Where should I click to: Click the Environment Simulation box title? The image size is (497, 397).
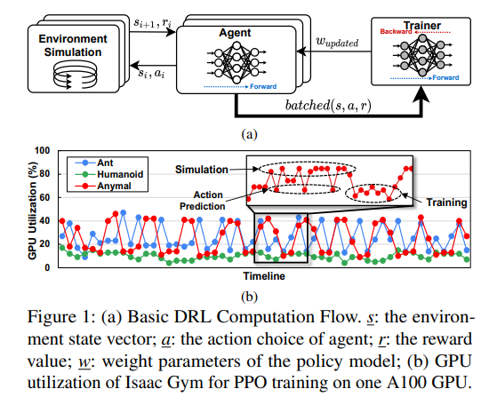73,45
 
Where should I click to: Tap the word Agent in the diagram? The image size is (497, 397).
235,33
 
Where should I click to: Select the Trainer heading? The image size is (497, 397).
422,26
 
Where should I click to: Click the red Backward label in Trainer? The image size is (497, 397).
396,31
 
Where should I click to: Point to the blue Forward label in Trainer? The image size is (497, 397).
445,77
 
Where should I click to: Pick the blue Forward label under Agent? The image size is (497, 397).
263,86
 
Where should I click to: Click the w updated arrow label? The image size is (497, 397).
337,42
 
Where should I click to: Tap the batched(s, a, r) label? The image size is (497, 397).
328,106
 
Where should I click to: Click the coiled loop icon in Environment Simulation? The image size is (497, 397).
75,75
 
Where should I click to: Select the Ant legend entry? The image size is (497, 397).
94,163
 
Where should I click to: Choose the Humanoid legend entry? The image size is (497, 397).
108,174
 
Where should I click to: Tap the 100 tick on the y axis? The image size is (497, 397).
42,150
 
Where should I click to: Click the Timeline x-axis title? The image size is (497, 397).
264,276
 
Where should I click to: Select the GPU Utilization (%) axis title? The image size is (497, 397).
32,210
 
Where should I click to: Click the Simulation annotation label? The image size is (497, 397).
202,170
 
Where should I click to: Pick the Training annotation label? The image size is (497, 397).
446,202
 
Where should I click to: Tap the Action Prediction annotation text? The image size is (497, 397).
203,201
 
